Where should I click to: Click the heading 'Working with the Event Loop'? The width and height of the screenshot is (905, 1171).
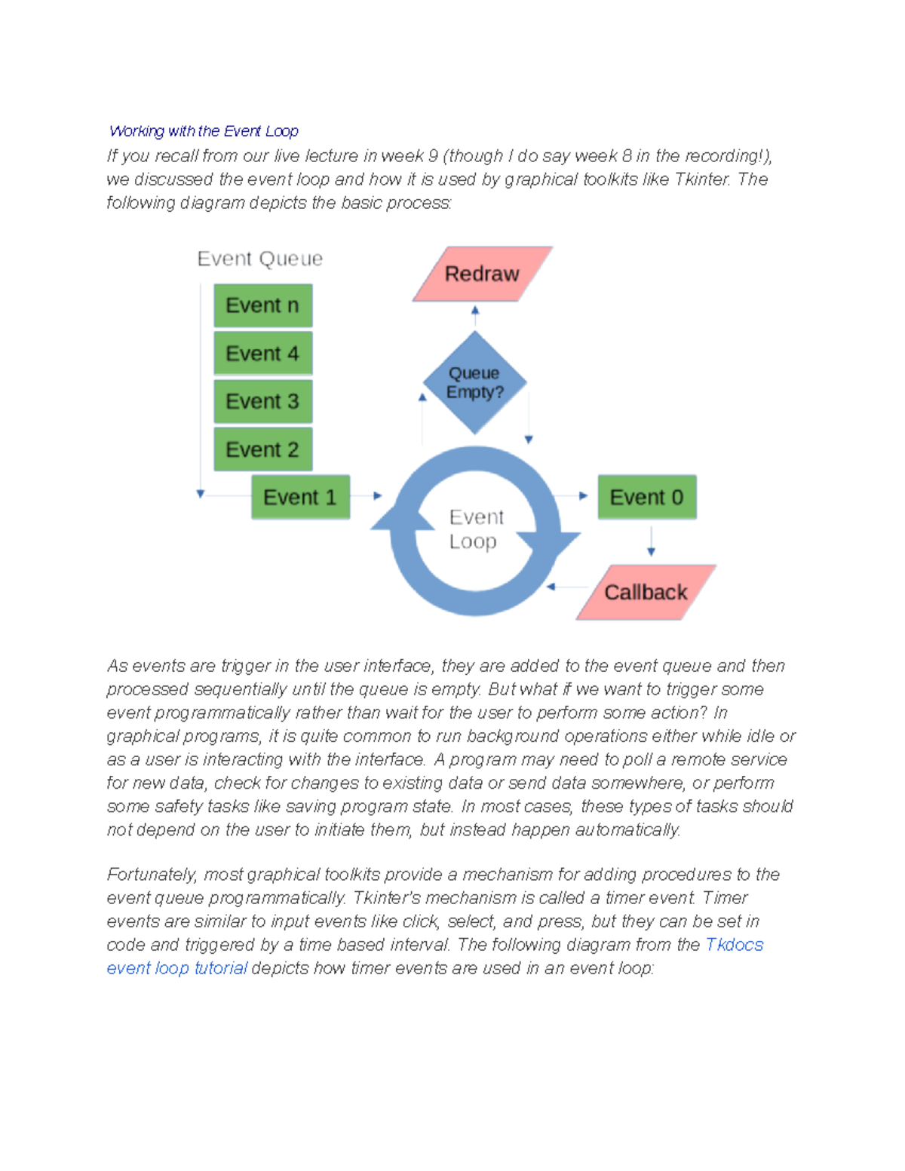pos(204,131)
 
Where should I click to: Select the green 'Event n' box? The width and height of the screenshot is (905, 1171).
pos(262,305)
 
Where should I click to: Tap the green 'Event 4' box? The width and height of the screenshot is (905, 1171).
pos(262,354)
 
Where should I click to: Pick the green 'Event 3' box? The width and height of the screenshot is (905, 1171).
pos(262,401)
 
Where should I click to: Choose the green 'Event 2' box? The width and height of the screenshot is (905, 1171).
pos(262,449)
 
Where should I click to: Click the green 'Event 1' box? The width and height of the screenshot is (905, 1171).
pos(300,498)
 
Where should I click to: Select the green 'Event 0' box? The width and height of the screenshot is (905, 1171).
pos(646,498)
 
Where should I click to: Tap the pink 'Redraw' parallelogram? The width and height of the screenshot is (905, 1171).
pos(482,274)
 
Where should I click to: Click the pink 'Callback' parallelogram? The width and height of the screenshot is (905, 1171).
pos(646,593)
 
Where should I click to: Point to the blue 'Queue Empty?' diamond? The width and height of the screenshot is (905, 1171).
pos(474,383)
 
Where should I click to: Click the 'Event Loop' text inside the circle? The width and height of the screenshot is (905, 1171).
pos(475,529)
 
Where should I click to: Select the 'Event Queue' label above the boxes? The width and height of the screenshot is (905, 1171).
pos(260,259)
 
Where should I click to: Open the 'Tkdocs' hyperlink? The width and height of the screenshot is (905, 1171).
pos(734,945)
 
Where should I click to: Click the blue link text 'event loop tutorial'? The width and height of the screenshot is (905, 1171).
pos(176,968)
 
